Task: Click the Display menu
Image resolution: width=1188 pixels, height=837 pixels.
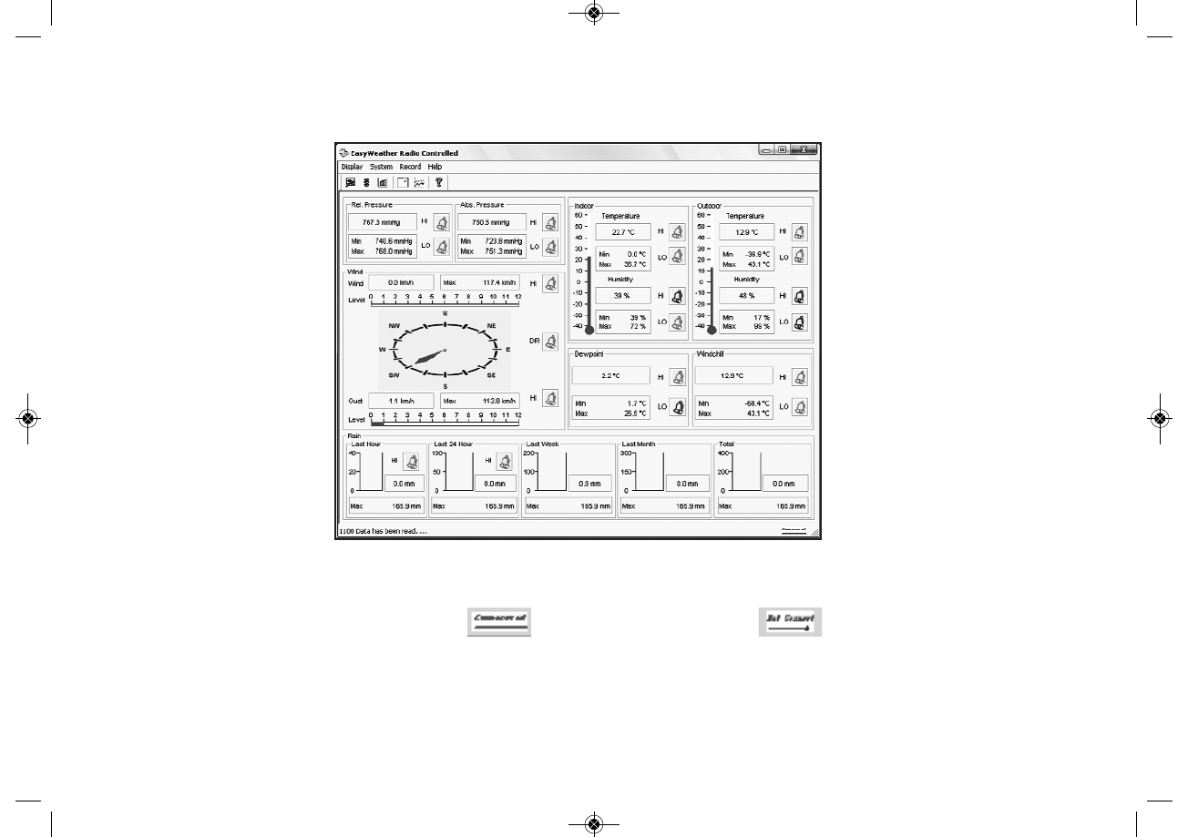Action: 352,167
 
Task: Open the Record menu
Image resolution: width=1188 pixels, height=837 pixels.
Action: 410,167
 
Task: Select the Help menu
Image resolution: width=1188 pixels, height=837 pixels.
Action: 435,167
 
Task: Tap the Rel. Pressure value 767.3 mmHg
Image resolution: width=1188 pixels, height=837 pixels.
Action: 381,221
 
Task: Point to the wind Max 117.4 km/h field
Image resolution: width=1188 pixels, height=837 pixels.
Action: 481,283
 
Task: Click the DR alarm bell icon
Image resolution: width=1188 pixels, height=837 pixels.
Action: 549,342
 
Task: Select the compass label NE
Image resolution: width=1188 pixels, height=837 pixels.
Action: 491,325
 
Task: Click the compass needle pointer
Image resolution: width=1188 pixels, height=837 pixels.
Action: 429,358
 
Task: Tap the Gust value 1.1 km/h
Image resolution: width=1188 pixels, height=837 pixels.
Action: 400,400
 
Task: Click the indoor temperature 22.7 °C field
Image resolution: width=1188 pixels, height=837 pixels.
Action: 623,232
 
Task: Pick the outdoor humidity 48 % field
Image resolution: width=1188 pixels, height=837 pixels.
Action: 747,296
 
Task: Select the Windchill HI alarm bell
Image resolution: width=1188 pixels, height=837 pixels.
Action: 799,376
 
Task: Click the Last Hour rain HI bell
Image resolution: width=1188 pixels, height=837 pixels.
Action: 411,461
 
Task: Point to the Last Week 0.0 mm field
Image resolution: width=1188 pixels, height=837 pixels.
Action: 589,484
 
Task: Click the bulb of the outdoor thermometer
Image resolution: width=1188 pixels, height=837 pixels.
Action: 712,331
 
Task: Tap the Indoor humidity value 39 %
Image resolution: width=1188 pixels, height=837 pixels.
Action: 623,296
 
